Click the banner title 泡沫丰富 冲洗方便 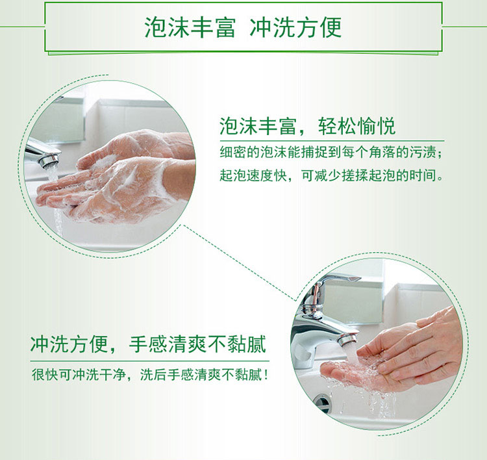(x=243, y=28)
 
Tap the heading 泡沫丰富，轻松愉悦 (x=308, y=126)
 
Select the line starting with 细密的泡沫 (x=331, y=152)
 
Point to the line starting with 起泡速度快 (x=331, y=175)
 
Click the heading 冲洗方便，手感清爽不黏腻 (x=149, y=344)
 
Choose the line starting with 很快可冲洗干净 (x=150, y=375)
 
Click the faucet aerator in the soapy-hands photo (x=49, y=160)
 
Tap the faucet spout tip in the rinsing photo (x=347, y=339)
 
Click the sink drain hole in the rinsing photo (x=322, y=402)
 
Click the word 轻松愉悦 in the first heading (x=357, y=126)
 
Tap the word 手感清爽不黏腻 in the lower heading (x=198, y=344)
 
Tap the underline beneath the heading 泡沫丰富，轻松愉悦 (x=332, y=141)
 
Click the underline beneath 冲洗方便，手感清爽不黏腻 (x=150, y=361)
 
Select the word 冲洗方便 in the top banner (x=295, y=28)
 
